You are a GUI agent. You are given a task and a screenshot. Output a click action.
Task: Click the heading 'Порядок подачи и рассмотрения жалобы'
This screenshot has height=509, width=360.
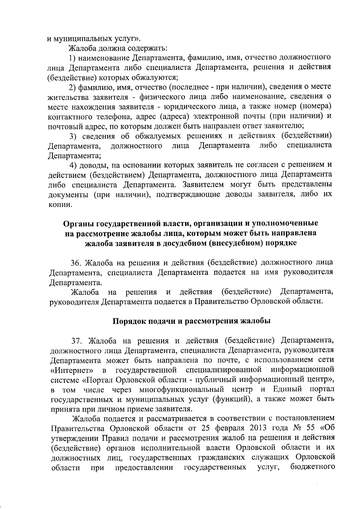tap(192, 321)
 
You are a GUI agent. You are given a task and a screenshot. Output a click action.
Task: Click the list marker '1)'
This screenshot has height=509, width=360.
tap(73, 57)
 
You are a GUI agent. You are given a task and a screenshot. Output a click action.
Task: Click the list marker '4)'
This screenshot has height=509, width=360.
tap(73, 165)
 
